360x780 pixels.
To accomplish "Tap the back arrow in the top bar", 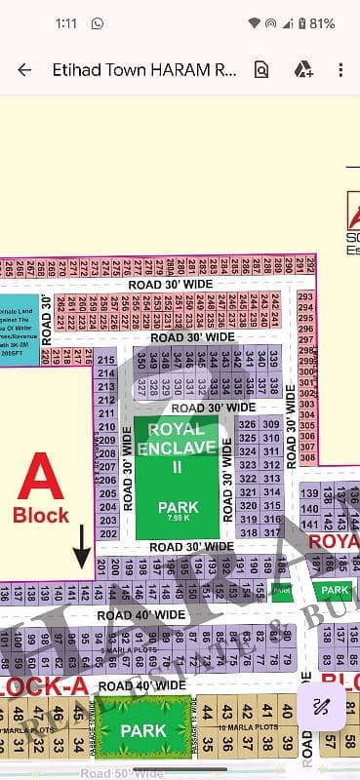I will (24, 69).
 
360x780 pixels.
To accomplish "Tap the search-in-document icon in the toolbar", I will (260, 69).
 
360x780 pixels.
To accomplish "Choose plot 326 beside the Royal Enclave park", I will (248, 424).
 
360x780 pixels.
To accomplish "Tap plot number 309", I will (272, 424).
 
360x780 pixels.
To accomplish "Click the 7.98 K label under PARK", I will (179, 519).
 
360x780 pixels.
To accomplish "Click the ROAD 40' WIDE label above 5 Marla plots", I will (141, 615).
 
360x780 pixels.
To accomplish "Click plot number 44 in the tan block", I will (203, 710).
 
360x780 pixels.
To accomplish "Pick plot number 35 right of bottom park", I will (203, 746).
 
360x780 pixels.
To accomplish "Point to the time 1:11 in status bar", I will (40, 22).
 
